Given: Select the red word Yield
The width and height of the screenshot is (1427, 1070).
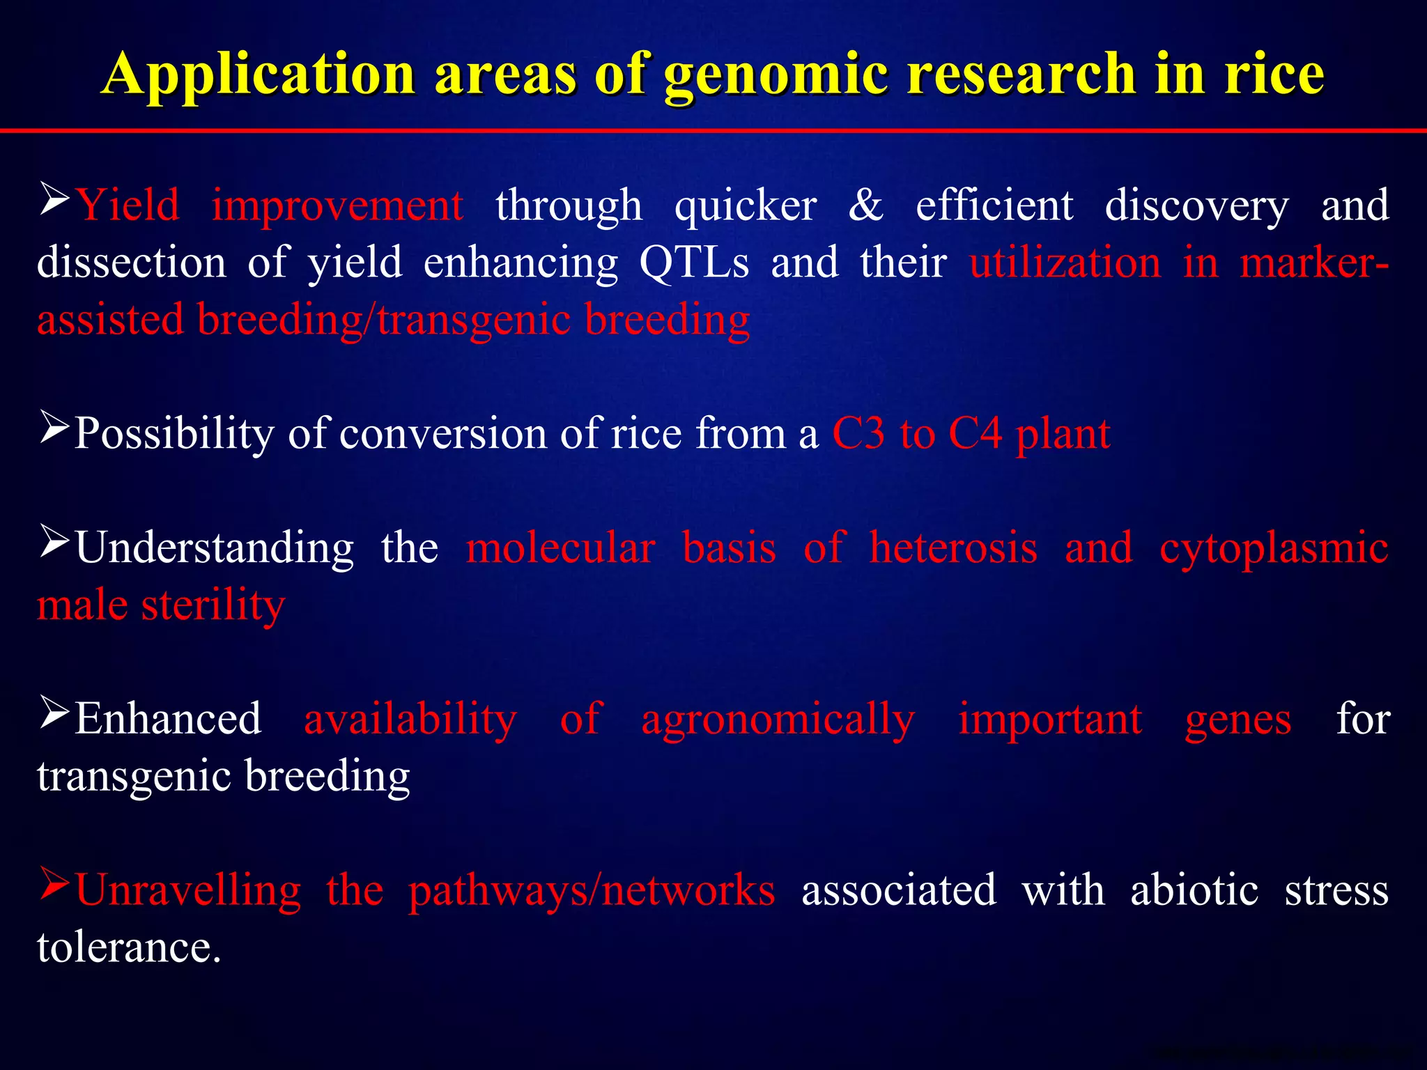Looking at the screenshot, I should point(127,206).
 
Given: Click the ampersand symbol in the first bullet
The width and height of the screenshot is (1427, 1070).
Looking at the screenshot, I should point(865,206).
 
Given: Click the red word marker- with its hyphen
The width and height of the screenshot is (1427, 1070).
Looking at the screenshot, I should point(1314,263).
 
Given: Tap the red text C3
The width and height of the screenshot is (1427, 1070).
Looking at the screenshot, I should point(858,433).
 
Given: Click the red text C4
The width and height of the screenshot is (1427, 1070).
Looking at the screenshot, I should point(975,433).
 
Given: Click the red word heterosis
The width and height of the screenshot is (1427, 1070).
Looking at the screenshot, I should point(953,548).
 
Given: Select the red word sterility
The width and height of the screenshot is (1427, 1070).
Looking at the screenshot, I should point(213,605).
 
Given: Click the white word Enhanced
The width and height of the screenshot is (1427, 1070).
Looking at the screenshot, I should point(168,719).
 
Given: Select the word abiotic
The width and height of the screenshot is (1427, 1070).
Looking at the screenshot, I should point(1194,890).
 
